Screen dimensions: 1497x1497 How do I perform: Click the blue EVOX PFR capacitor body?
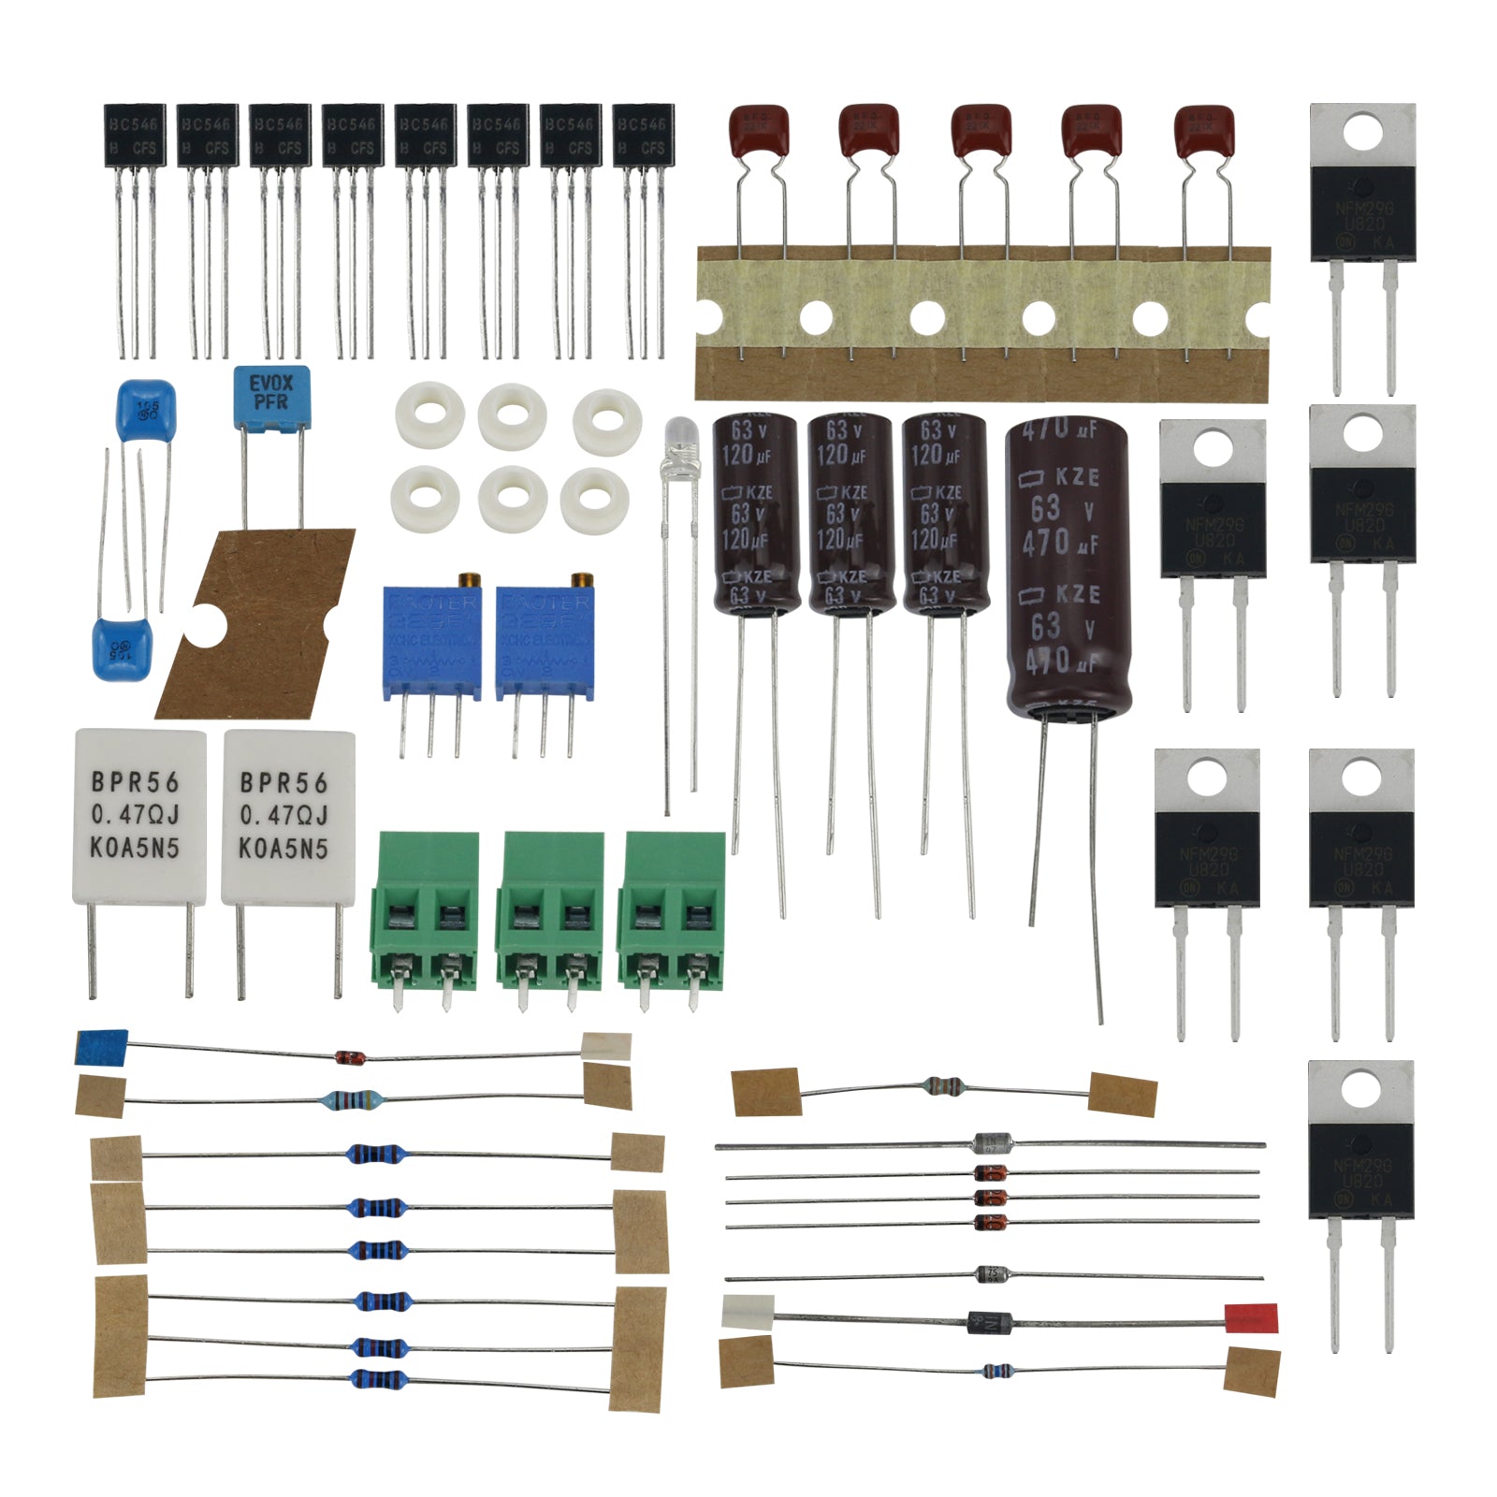coord(271,395)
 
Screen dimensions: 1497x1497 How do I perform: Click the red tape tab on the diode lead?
coord(1251,1317)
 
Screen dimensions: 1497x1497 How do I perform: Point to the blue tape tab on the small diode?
coord(101,1047)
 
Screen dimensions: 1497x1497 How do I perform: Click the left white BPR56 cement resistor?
coord(138,816)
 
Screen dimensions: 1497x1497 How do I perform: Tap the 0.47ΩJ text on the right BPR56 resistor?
coord(284,816)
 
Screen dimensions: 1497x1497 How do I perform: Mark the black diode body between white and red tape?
coord(990,1322)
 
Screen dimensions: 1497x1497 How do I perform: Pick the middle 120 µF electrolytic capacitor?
coord(850,515)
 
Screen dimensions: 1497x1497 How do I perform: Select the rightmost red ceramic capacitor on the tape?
coord(1204,131)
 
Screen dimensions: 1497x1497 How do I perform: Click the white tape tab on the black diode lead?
coord(748,1311)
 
